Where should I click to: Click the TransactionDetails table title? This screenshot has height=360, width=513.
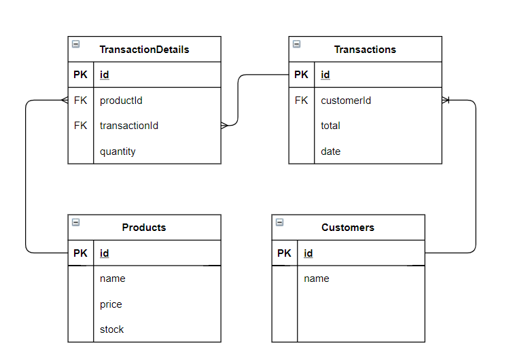(x=144, y=50)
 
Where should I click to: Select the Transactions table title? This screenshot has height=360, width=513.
(x=365, y=50)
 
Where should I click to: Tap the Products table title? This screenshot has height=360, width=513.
(x=144, y=228)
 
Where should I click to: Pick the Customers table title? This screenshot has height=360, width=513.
(x=348, y=228)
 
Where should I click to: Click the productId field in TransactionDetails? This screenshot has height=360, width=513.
(x=121, y=101)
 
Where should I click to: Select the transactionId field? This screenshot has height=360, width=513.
(x=129, y=126)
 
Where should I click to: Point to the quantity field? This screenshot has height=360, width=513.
(x=118, y=151)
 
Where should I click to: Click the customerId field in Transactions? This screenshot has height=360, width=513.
(x=346, y=101)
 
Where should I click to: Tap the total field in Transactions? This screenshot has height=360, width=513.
(x=330, y=126)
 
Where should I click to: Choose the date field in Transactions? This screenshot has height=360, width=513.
(x=330, y=151)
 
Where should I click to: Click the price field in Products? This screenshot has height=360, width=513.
(x=111, y=304)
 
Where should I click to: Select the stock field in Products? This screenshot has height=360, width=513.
(x=112, y=329)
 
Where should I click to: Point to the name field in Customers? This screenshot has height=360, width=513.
(x=317, y=278)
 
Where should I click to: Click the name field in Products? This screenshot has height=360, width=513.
(x=113, y=278)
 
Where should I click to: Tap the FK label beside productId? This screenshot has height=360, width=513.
(x=80, y=101)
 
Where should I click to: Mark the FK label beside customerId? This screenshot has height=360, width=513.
(x=301, y=101)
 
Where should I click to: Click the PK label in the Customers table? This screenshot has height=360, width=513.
(x=284, y=253)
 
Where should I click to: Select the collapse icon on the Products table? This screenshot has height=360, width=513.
(x=75, y=222)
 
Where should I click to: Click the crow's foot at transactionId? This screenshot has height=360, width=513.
(x=225, y=126)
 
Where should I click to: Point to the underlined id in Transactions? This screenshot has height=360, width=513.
(x=325, y=75)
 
